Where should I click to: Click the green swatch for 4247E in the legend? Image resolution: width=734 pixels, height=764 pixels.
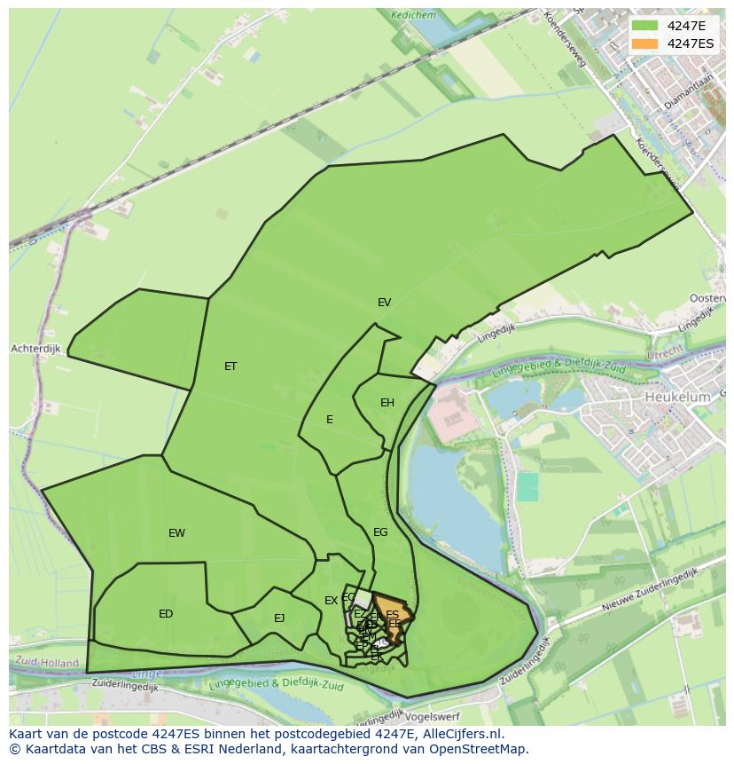tap(644, 26)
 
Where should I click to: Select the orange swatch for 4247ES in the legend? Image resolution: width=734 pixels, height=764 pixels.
tap(644, 43)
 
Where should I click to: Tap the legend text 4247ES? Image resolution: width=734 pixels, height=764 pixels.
tap(691, 43)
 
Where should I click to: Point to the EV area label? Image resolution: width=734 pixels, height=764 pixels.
tap(384, 303)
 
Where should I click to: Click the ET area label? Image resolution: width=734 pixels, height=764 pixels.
tap(230, 366)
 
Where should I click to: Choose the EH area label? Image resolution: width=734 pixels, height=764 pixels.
tap(387, 403)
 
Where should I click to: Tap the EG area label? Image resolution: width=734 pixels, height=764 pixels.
tap(380, 532)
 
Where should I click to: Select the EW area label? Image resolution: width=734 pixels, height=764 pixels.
tap(176, 533)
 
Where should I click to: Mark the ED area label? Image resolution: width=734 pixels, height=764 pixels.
tap(166, 614)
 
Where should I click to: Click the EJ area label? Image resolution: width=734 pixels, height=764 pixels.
tap(279, 618)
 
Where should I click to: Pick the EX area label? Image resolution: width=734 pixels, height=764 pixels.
tap(331, 601)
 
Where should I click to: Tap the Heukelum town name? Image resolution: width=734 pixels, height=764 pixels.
tap(677, 398)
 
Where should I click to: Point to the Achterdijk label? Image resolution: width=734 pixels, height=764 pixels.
tap(35, 350)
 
